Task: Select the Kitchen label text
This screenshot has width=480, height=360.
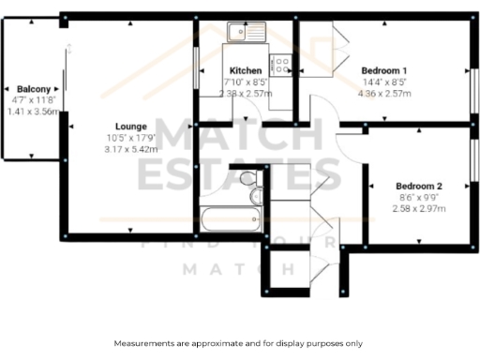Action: click(246, 71)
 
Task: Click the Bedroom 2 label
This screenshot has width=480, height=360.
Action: click(418, 186)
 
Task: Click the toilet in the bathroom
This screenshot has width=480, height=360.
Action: click(248, 178)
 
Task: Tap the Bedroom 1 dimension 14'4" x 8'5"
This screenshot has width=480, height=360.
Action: click(384, 82)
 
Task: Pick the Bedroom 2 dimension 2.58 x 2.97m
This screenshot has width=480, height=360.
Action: click(418, 208)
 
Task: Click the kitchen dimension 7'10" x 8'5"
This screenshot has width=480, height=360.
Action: click(246, 82)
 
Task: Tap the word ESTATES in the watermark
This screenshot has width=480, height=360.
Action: click(239, 173)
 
